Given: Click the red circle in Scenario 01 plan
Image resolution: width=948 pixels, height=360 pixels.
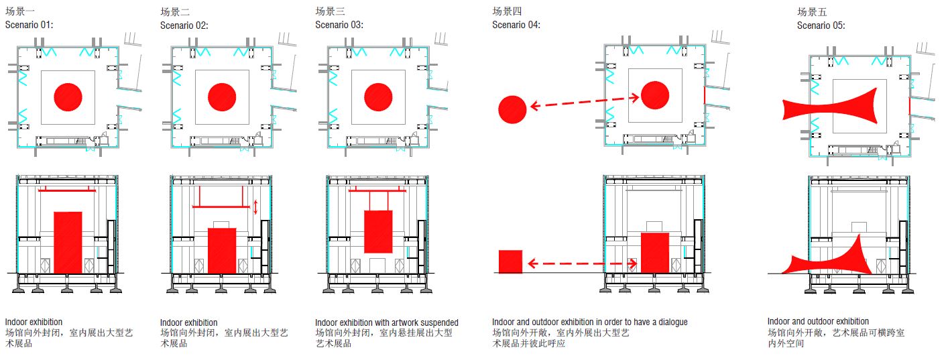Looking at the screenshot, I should click(x=68, y=97).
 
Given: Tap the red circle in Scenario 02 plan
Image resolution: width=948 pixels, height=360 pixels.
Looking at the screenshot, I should click(x=222, y=97).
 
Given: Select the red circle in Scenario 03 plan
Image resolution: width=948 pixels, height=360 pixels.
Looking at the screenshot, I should click(x=377, y=97).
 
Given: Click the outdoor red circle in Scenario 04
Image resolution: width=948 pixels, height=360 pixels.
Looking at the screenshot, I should click(x=512, y=109).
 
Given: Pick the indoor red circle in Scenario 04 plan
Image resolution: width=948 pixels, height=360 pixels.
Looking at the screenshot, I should click(x=655, y=95).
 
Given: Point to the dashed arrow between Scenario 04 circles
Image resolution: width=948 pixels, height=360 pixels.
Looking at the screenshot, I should click(x=584, y=102).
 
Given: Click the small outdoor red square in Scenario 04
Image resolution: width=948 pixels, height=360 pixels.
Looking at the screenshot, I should click(x=510, y=261).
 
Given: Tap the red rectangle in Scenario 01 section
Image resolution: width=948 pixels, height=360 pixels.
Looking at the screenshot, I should click(x=68, y=242).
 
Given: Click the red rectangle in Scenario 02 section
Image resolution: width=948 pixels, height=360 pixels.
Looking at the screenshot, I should click(x=222, y=251).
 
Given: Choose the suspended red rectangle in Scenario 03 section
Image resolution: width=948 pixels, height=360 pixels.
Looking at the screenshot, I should click(x=378, y=231).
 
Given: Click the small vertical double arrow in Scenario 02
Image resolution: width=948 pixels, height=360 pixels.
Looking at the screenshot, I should click(x=255, y=207).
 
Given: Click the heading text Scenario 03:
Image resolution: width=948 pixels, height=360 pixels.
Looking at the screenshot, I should click(x=339, y=25).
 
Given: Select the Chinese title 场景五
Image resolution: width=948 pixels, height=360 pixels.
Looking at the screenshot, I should click(x=812, y=12).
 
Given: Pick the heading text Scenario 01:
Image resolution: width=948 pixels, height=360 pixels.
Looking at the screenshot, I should click(x=29, y=25).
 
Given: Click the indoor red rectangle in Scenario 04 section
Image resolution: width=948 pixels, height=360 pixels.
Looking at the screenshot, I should click(x=655, y=252).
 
